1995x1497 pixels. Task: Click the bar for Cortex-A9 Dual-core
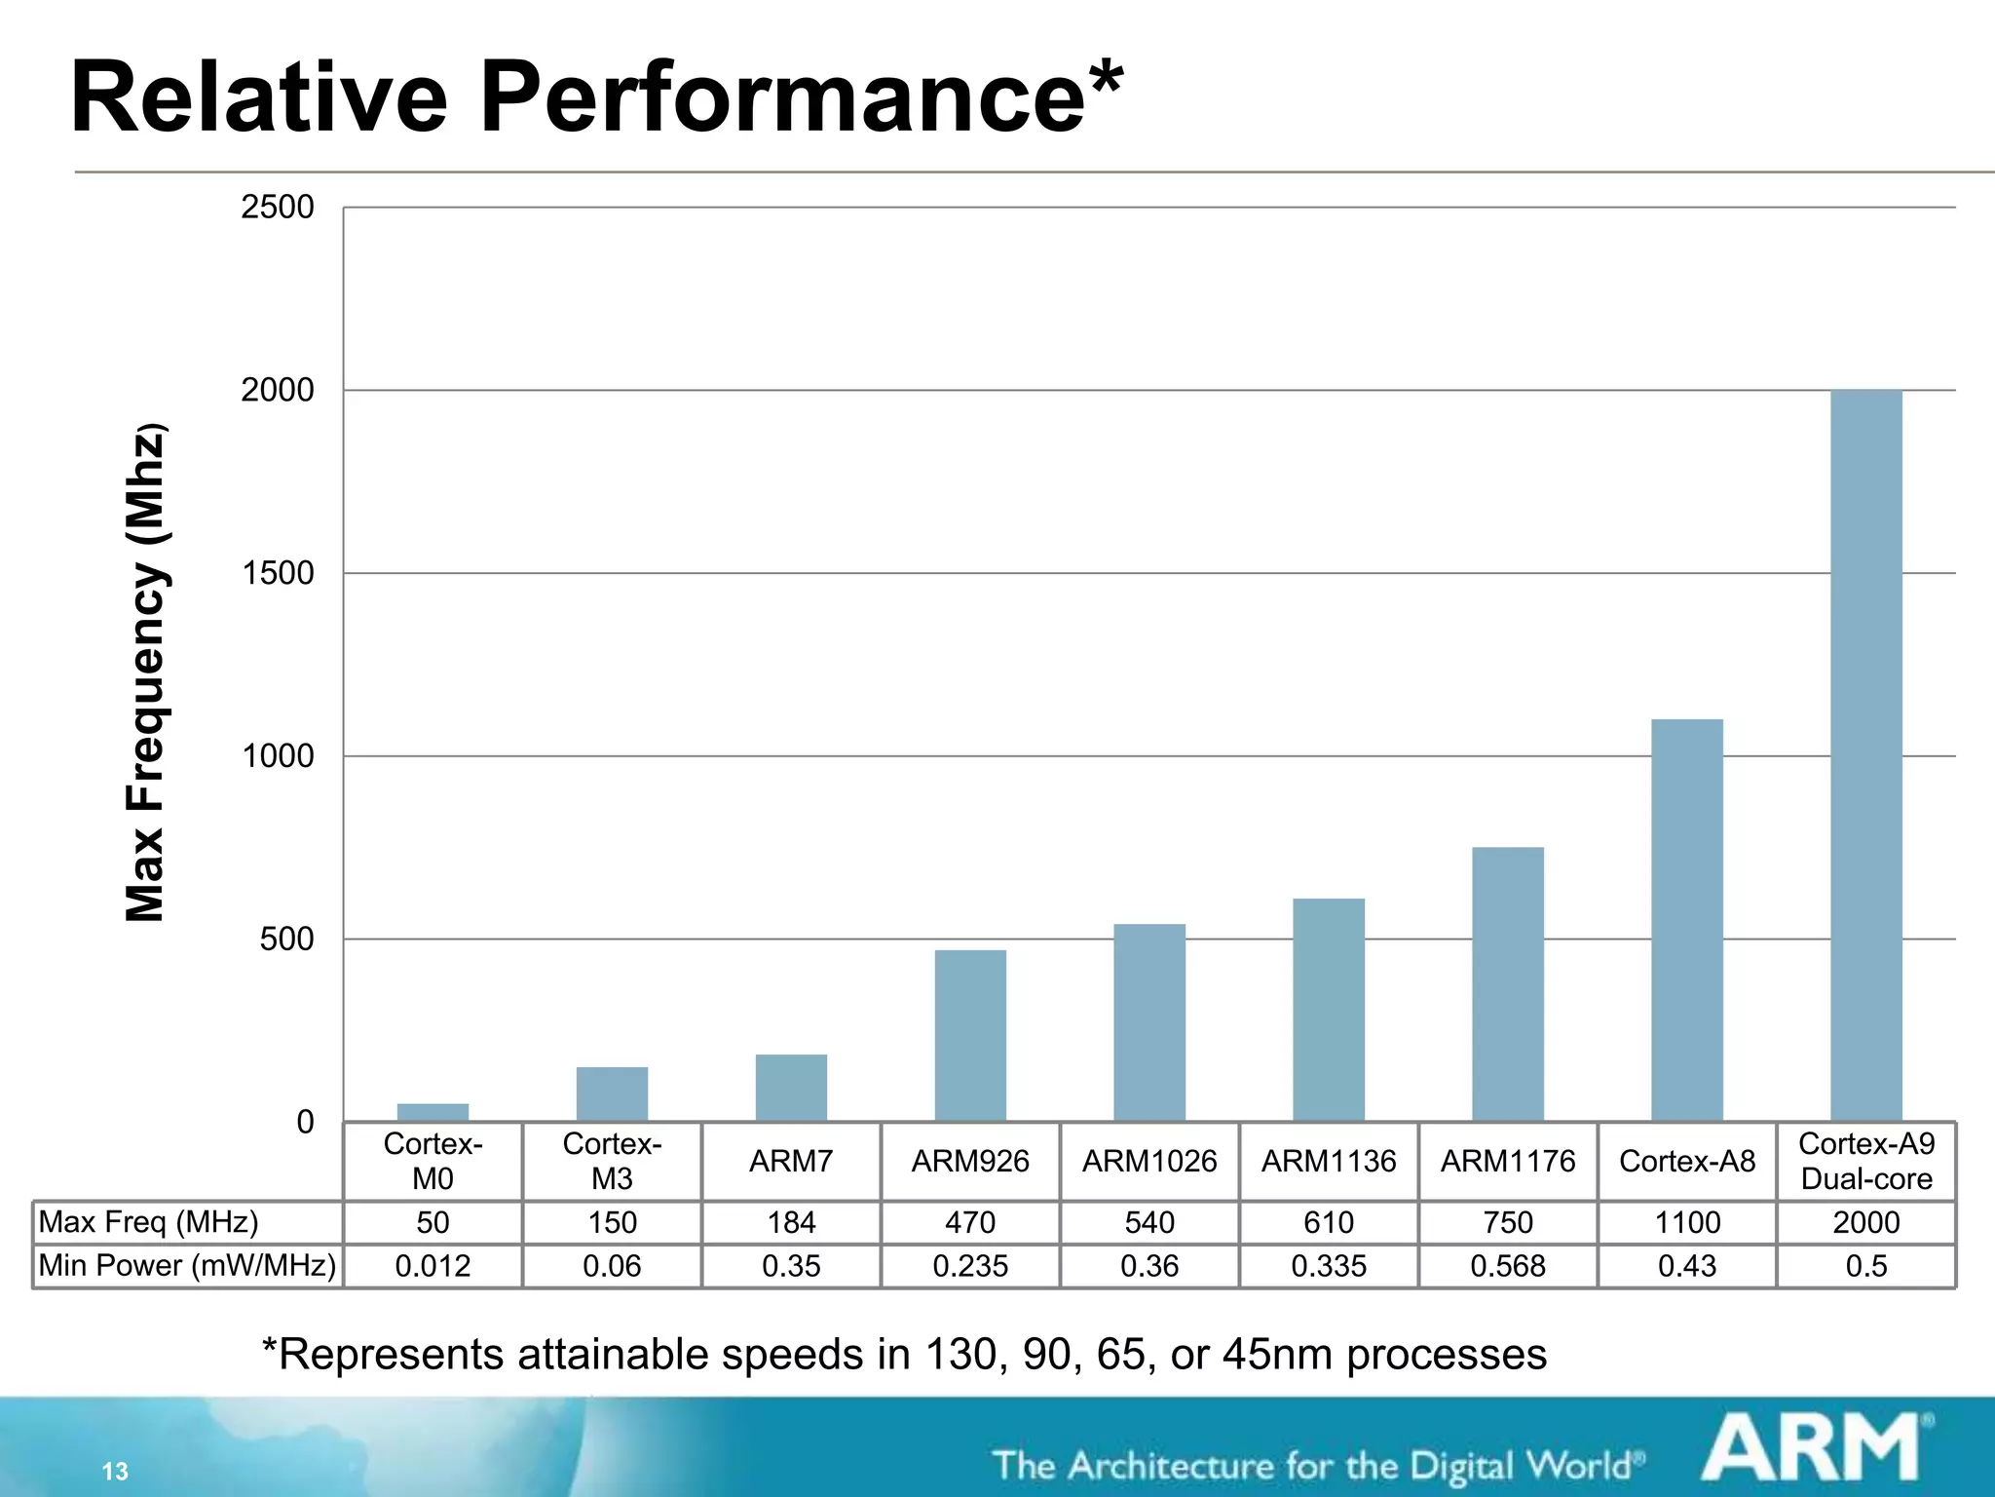pos(1865,755)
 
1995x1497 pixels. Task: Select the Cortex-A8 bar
pos(1686,920)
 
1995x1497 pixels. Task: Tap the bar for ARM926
pos(970,1035)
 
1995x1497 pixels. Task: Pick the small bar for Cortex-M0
pos(433,1112)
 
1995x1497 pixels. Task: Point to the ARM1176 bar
pos(1507,984)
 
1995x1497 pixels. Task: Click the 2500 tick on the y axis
pos(278,207)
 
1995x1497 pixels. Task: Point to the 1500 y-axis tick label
pos(278,573)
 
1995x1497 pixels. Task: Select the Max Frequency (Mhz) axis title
pos(146,672)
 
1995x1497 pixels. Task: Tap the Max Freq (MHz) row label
pos(148,1222)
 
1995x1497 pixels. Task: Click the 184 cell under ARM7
pos(791,1222)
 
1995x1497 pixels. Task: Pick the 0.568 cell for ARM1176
pos(1507,1266)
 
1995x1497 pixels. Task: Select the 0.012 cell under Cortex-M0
pos(433,1266)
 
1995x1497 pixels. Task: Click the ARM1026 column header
pos(1149,1161)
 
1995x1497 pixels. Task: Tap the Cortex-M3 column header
pos(612,1161)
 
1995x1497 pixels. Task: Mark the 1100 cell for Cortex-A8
pos(1686,1222)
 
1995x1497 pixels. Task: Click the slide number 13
pos(115,1471)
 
